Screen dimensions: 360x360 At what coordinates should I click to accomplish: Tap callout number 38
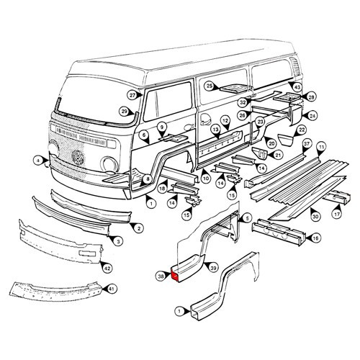[x=161, y=275]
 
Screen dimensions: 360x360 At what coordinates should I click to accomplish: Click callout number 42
[x=107, y=269]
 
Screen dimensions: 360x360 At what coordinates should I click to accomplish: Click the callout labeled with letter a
[x=38, y=159]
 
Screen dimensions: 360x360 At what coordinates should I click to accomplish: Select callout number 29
[x=124, y=111]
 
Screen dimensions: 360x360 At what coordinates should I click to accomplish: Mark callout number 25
[x=210, y=86]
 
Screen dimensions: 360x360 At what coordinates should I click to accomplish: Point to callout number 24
[x=312, y=115]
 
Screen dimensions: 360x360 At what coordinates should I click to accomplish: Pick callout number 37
[x=306, y=144]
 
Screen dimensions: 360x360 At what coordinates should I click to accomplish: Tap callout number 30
[x=315, y=216]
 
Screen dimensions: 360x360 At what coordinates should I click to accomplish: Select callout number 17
[x=336, y=214]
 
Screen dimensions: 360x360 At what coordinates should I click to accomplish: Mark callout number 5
[x=248, y=217]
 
